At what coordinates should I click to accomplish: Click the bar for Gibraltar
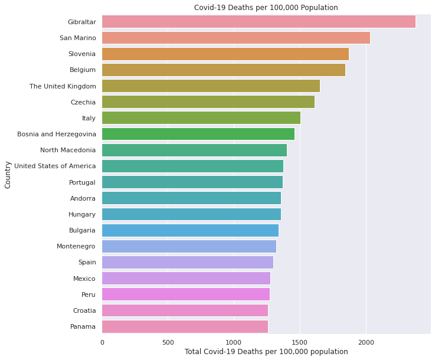click(259, 22)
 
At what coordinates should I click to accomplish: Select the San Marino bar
click(236, 38)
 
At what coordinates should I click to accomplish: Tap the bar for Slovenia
click(225, 54)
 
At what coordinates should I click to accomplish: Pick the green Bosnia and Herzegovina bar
click(198, 134)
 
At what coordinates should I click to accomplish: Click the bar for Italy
click(201, 118)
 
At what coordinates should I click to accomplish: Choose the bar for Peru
click(186, 294)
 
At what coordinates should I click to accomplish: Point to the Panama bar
click(185, 326)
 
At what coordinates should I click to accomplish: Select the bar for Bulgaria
click(190, 230)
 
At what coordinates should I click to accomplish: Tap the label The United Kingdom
click(63, 86)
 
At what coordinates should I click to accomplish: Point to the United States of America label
click(55, 166)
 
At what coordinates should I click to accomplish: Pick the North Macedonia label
click(68, 150)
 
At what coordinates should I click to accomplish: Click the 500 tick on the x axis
click(168, 342)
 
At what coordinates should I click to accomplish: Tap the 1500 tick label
click(300, 342)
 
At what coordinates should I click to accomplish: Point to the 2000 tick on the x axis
click(366, 342)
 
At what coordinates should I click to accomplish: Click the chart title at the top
click(266, 8)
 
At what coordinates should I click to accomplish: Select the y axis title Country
click(8, 174)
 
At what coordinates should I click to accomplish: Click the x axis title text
click(266, 352)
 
